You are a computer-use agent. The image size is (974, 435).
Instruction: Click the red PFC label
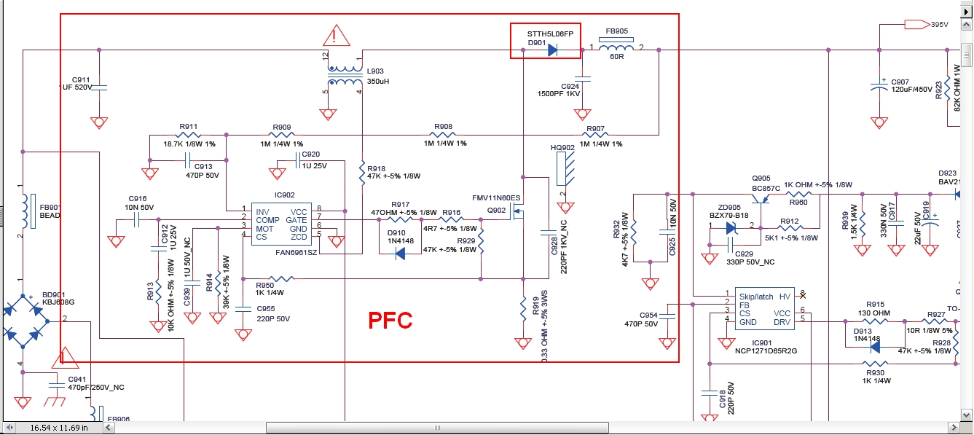pyautogui.click(x=390, y=320)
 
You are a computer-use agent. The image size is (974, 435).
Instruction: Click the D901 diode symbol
pyautogui.click(x=551, y=50)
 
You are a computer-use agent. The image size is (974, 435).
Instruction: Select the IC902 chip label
pyautogui.click(x=285, y=195)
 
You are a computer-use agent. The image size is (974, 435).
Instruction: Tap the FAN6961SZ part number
pyautogui.click(x=296, y=252)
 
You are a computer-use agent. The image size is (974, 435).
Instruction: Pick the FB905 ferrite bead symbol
pyautogui.click(x=616, y=50)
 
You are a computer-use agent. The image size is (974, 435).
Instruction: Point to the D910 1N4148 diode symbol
pyautogui.click(x=400, y=253)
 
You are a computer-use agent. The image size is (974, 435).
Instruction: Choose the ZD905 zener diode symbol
pyautogui.click(x=731, y=227)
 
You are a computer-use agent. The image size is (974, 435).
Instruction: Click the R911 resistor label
pyautogui.click(x=189, y=127)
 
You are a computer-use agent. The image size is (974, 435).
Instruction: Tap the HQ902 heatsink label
pyautogui.click(x=563, y=148)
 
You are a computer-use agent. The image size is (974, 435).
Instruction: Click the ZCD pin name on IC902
pyautogui.click(x=299, y=238)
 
